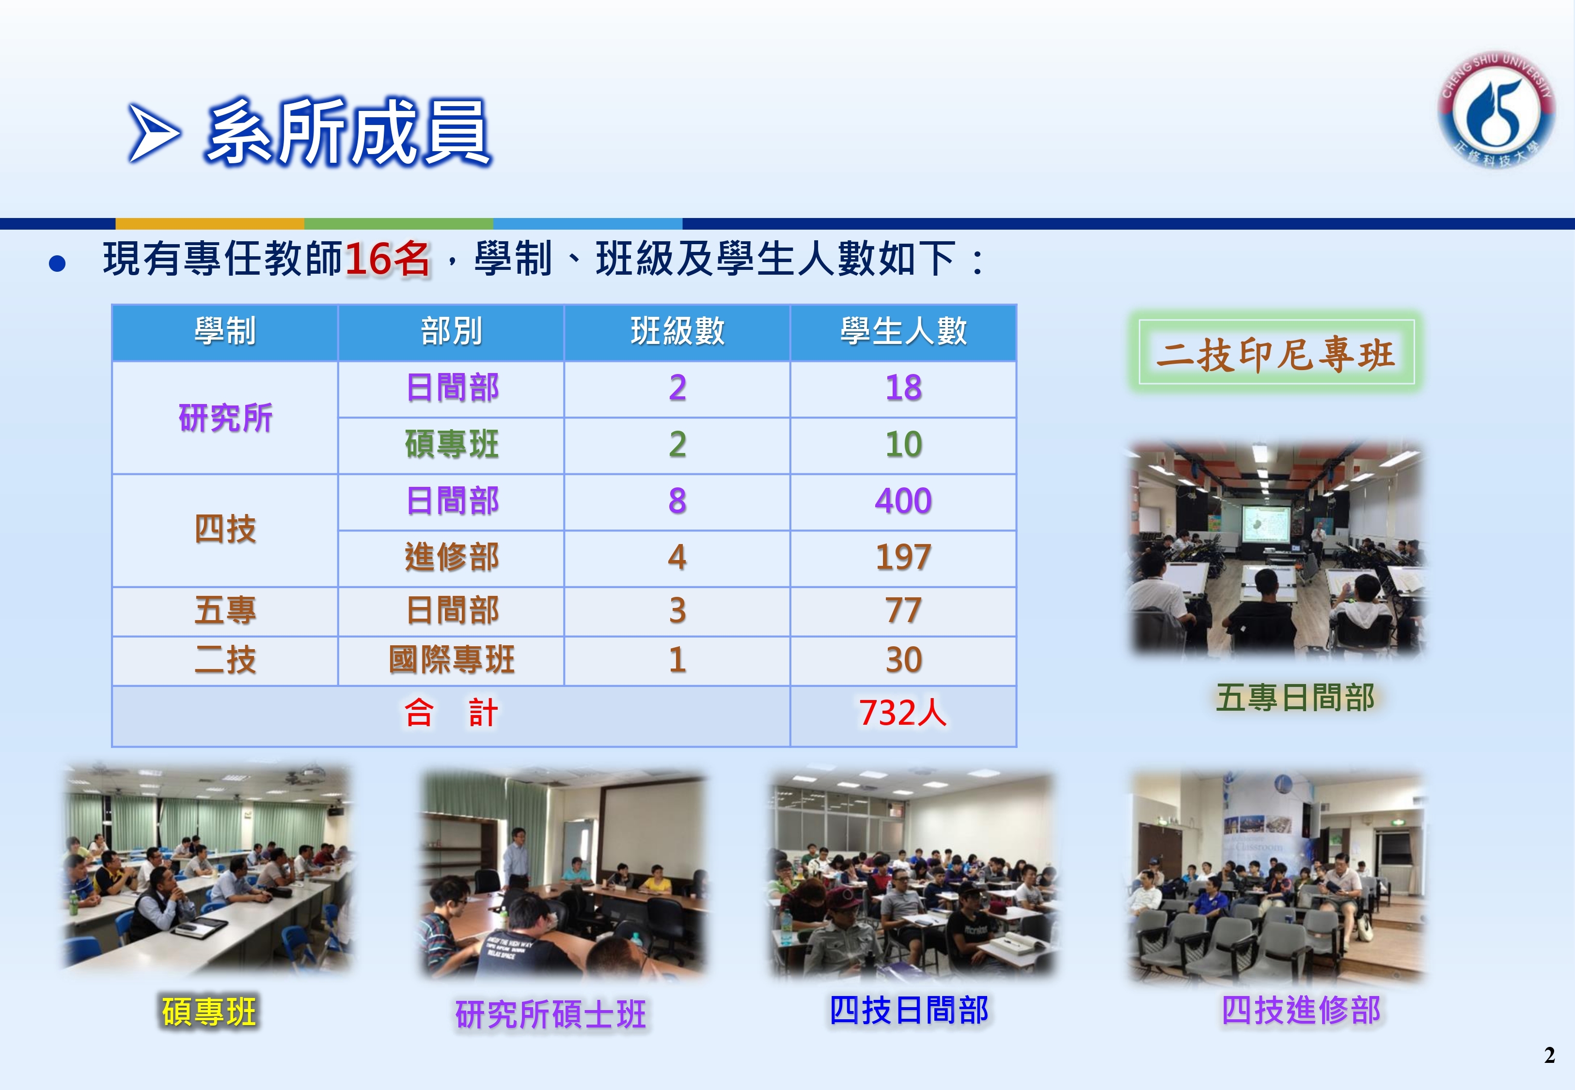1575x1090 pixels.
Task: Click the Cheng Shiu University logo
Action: coord(1496,109)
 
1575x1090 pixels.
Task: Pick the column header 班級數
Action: coord(677,332)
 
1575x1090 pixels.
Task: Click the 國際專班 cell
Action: coord(452,660)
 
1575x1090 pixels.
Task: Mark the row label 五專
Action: coord(225,610)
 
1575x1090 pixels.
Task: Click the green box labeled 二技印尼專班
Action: coord(1276,352)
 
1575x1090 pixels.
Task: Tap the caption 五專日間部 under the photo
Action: coord(1295,698)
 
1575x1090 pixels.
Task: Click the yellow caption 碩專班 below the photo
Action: coord(209,1012)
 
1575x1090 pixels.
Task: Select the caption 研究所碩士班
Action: coord(551,1014)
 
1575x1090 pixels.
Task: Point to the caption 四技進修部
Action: coord(1300,1011)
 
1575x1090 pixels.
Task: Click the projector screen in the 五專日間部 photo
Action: coord(1266,524)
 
